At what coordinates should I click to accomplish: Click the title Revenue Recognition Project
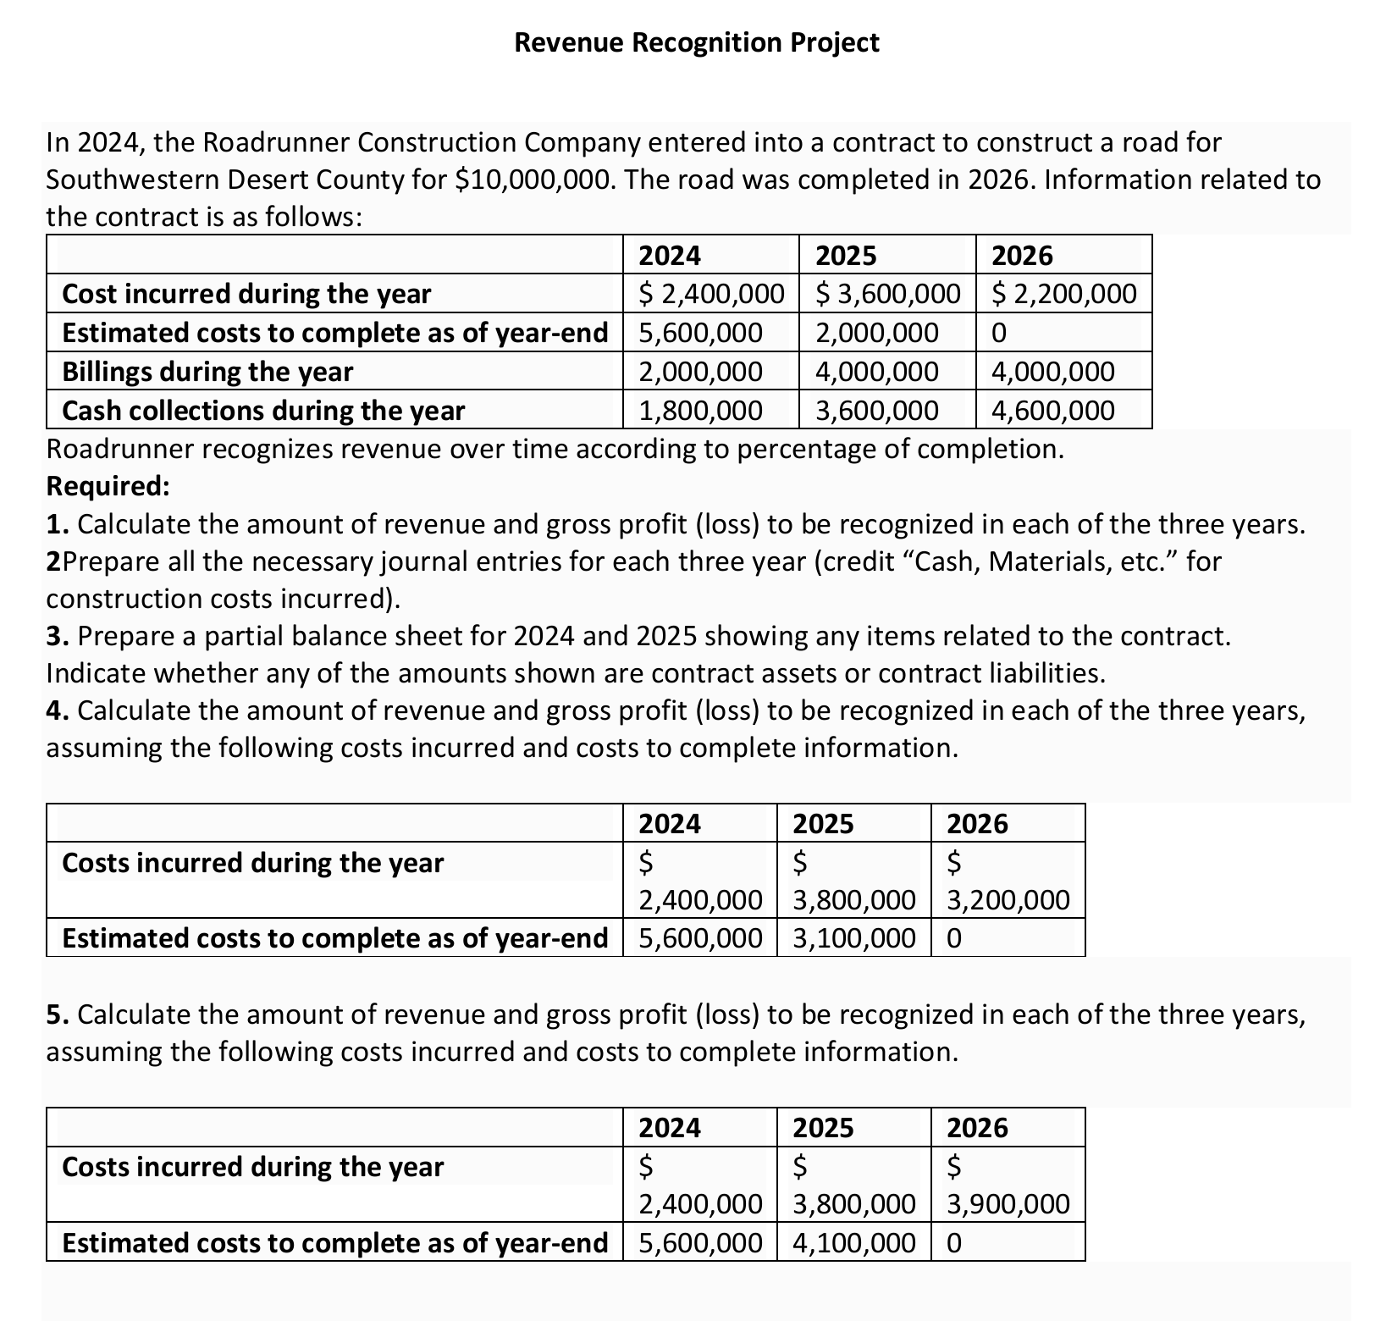point(697,42)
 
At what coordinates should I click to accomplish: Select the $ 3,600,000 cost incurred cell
point(888,294)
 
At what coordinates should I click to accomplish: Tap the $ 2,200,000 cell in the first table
point(1064,294)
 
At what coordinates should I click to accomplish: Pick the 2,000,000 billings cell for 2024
point(700,372)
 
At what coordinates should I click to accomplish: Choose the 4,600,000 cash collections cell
point(1053,411)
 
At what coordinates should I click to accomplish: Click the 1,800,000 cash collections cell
point(700,411)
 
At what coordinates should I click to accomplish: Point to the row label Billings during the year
point(207,372)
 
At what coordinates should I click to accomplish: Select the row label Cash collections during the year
point(263,411)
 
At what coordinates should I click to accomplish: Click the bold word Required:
point(108,486)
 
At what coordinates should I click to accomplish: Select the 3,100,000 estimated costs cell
point(854,938)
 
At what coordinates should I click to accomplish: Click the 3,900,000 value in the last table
point(1008,1204)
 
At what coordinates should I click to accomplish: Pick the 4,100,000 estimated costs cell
point(854,1243)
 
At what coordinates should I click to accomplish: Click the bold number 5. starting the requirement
point(58,1014)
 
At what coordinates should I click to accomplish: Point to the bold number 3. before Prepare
point(58,636)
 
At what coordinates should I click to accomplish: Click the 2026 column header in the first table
point(1022,256)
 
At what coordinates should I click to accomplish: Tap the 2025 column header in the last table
point(823,1128)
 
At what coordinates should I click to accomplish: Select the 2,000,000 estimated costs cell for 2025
point(877,333)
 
